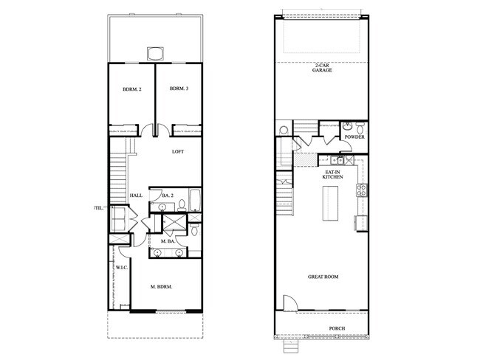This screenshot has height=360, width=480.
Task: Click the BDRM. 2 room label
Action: pyautogui.click(x=131, y=89)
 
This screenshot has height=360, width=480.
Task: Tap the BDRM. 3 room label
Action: pyautogui.click(x=179, y=89)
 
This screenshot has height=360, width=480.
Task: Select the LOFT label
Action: pyautogui.click(x=177, y=152)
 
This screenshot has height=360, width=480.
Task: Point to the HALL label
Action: pyautogui.click(x=136, y=195)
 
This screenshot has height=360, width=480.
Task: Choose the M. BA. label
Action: pyautogui.click(x=168, y=241)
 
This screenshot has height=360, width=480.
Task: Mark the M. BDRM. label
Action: pyautogui.click(x=161, y=286)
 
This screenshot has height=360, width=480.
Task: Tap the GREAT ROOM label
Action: pyautogui.click(x=323, y=277)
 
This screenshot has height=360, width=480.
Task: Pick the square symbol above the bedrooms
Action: pyautogui.click(x=155, y=53)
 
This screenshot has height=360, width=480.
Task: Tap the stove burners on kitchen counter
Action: pyautogui.click(x=362, y=190)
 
